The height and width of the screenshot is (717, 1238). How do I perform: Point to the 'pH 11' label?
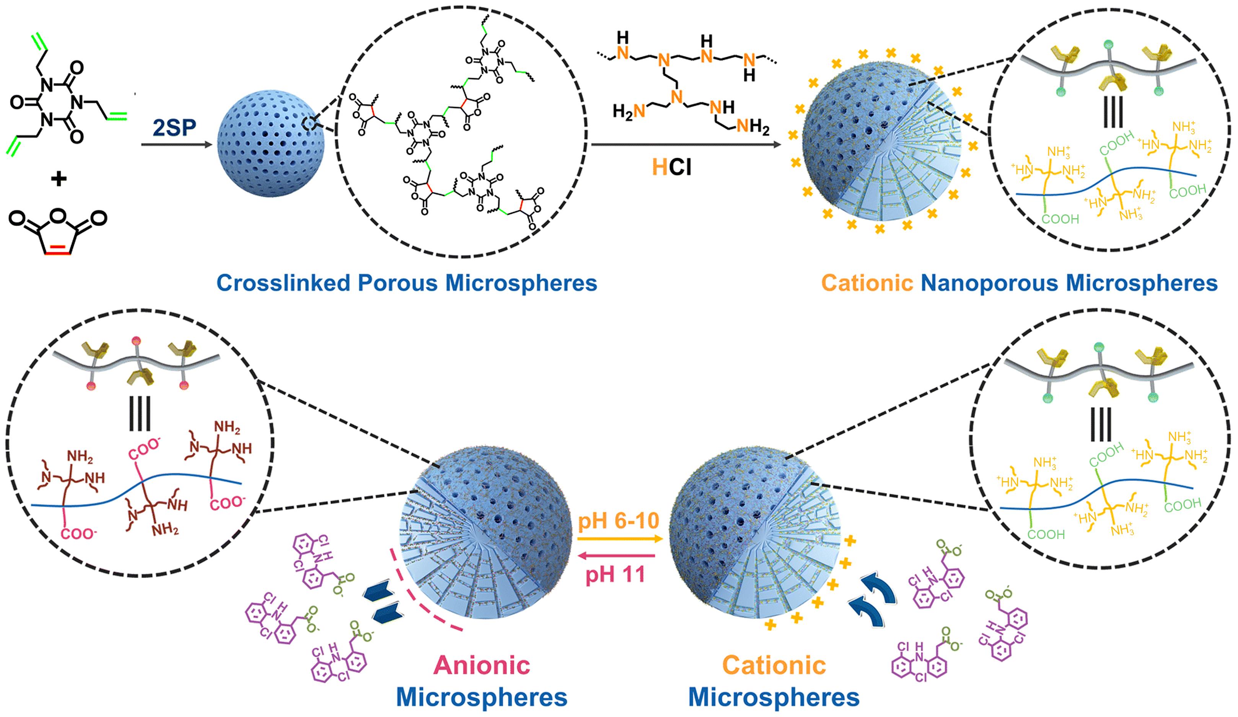(x=615, y=574)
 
